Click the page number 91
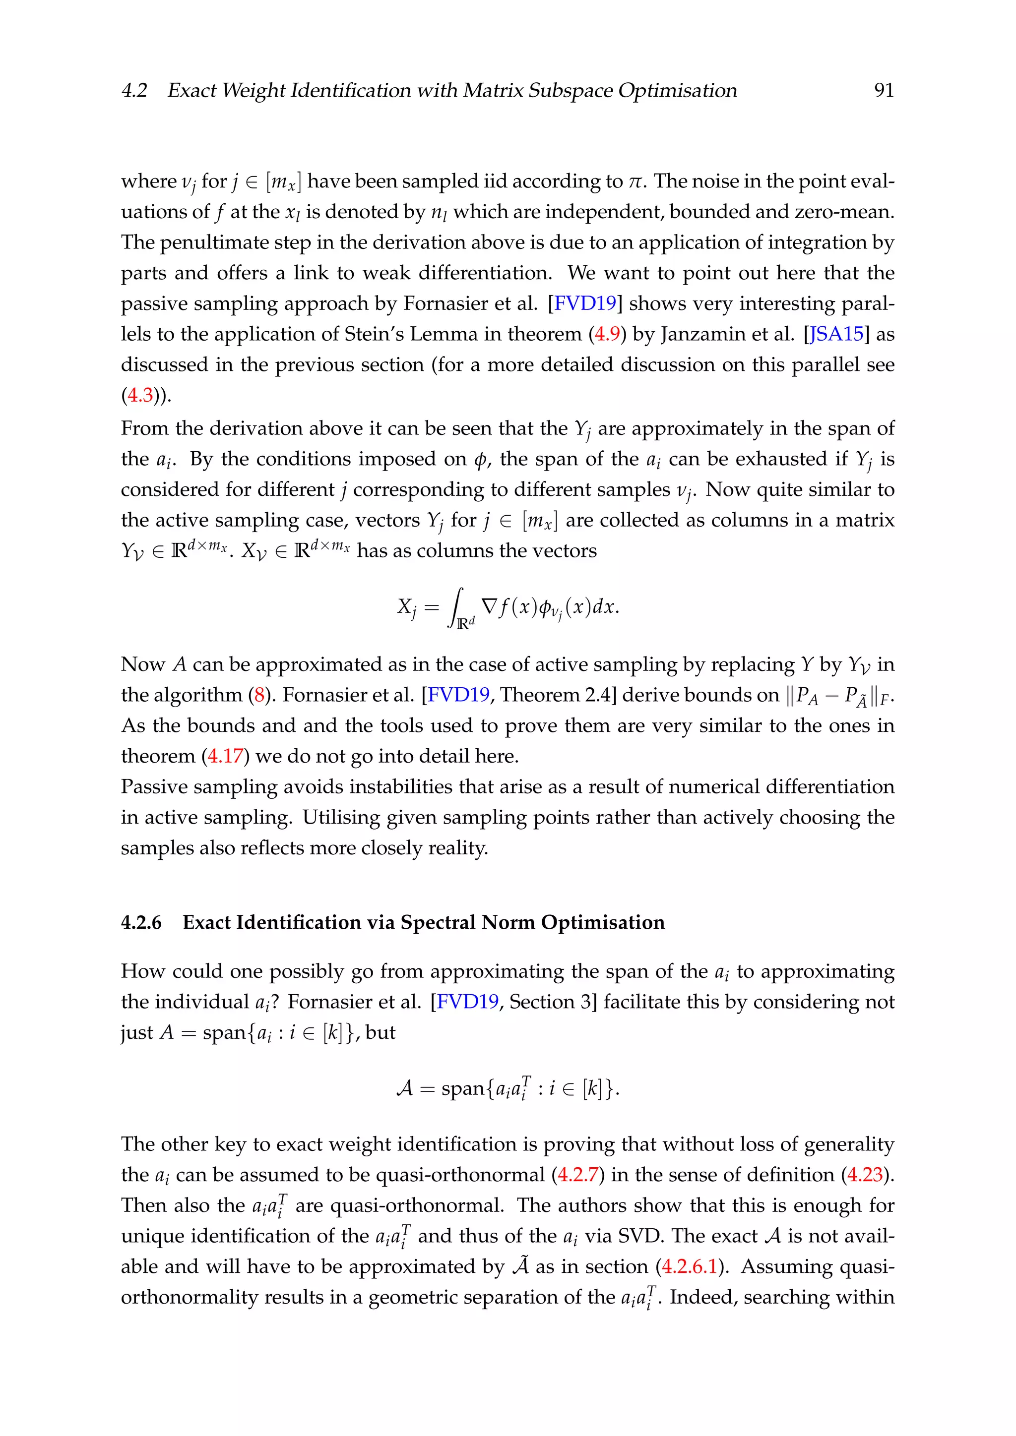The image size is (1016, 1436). coord(884,91)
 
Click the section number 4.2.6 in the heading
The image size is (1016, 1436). coord(141,922)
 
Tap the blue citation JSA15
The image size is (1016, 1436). coord(836,334)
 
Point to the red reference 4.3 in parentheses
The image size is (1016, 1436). coord(140,395)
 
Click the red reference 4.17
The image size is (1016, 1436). coord(225,756)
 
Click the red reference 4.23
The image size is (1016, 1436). coord(865,1175)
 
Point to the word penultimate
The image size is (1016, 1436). coord(216,242)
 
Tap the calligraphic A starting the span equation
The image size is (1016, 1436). coord(405,1089)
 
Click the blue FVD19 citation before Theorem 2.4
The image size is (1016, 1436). coord(458,695)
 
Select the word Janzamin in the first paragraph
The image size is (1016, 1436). coord(701,334)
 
